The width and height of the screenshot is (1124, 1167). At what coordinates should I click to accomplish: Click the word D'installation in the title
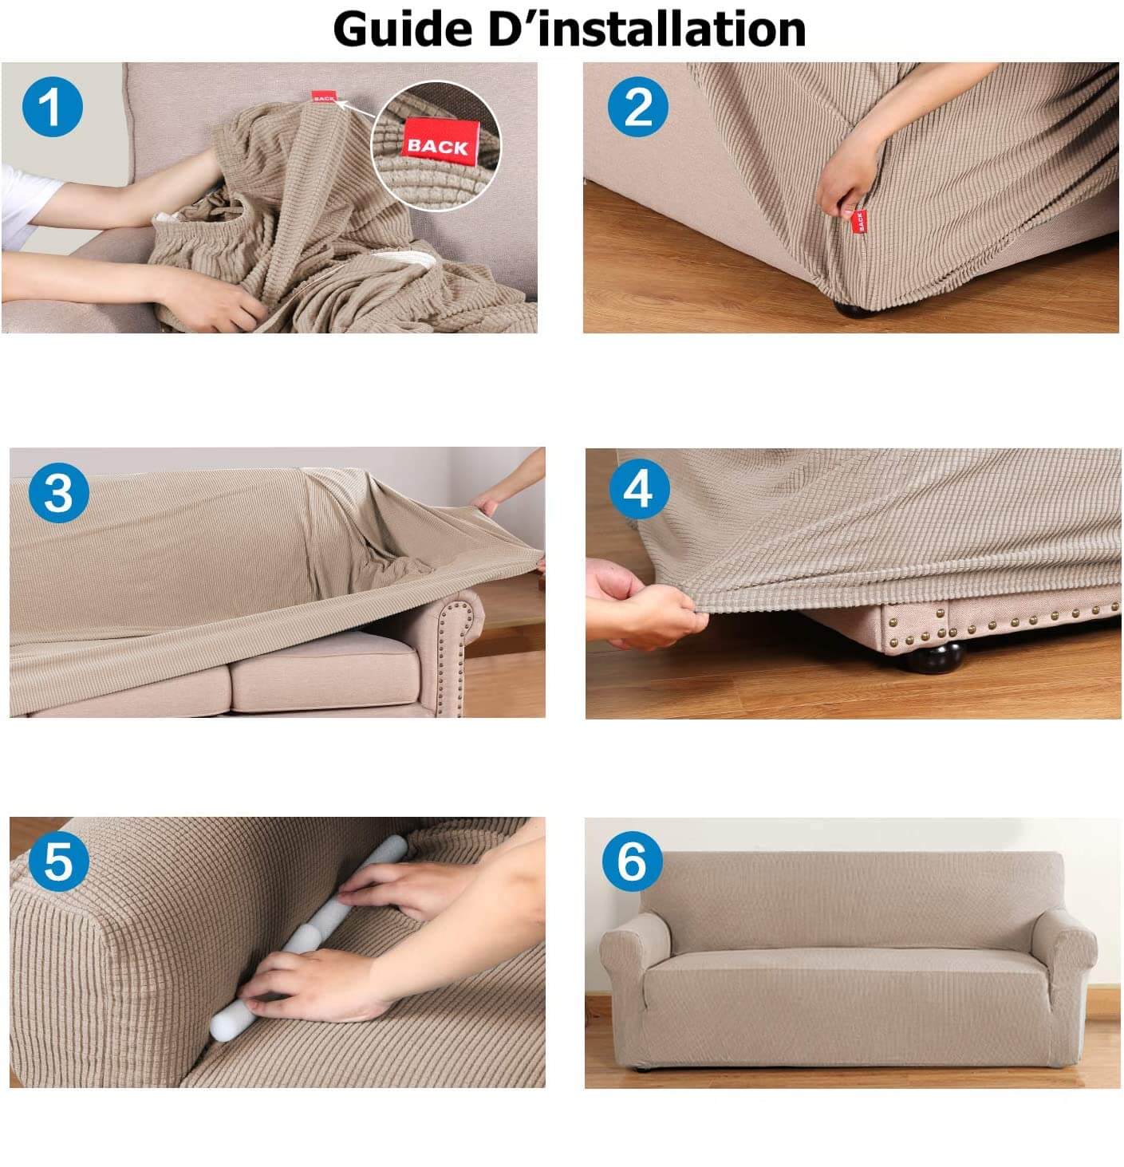647,29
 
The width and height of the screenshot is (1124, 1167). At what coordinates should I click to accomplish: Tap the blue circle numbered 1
52,108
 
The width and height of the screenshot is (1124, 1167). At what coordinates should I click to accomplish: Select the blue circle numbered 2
637,107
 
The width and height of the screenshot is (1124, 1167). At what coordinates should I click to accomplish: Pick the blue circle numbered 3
59,492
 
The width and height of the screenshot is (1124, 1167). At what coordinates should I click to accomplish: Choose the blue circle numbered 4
639,489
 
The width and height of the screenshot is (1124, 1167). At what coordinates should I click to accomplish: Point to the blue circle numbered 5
59,861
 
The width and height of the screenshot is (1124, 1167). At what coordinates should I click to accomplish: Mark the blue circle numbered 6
632,861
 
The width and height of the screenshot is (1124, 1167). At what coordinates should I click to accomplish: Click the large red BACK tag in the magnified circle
440,144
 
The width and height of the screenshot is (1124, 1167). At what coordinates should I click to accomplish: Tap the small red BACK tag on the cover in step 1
324,97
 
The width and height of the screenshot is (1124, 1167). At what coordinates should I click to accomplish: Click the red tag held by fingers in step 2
858,221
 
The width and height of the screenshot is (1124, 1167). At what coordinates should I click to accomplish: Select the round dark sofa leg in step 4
934,659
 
